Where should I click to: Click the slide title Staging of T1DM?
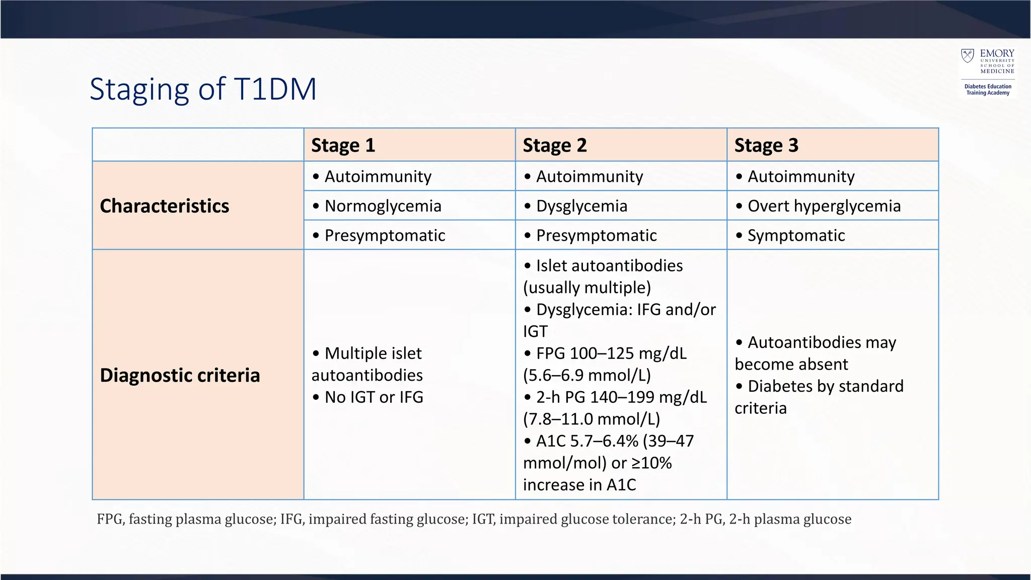(x=203, y=89)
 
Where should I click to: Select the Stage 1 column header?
(x=343, y=145)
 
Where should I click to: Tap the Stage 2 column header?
(x=555, y=145)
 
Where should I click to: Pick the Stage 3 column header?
(x=766, y=145)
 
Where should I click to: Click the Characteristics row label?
(x=165, y=206)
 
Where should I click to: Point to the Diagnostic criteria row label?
(x=180, y=375)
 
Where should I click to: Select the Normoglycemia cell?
(x=383, y=206)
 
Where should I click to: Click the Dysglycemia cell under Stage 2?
(x=581, y=206)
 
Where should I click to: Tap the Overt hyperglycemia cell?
(x=824, y=206)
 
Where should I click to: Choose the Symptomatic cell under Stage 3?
(x=795, y=235)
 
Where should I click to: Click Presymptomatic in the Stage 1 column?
(x=385, y=235)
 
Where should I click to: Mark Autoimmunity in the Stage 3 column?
(x=800, y=176)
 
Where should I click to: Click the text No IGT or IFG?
(x=374, y=397)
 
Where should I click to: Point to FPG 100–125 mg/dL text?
(x=611, y=353)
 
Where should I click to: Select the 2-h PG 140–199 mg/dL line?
(x=621, y=397)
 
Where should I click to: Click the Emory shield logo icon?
(x=967, y=56)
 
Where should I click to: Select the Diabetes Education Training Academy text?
(x=988, y=90)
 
